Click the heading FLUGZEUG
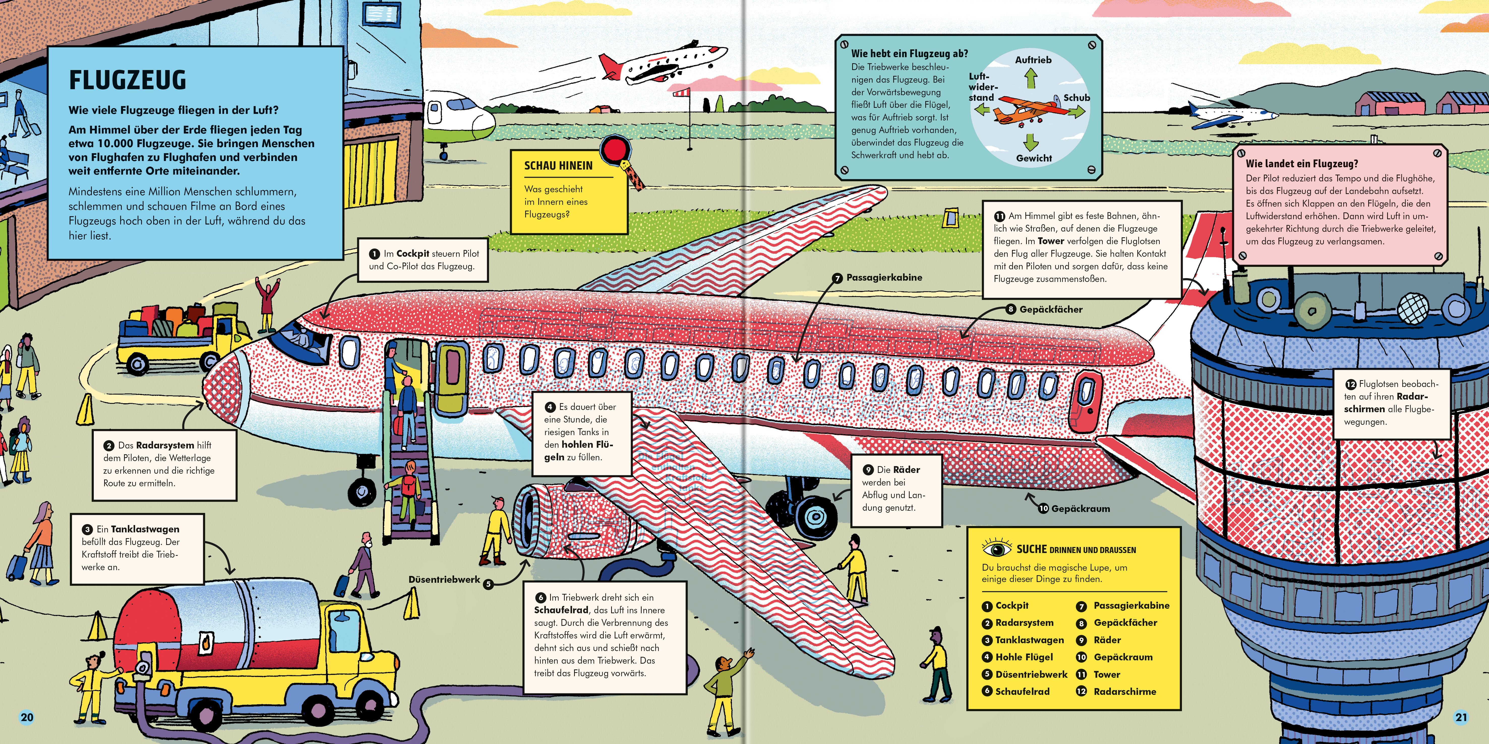coord(128,80)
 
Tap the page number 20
coord(26,718)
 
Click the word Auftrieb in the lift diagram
coord(1033,60)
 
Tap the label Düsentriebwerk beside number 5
coord(444,579)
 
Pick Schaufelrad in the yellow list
coord(1022,691)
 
